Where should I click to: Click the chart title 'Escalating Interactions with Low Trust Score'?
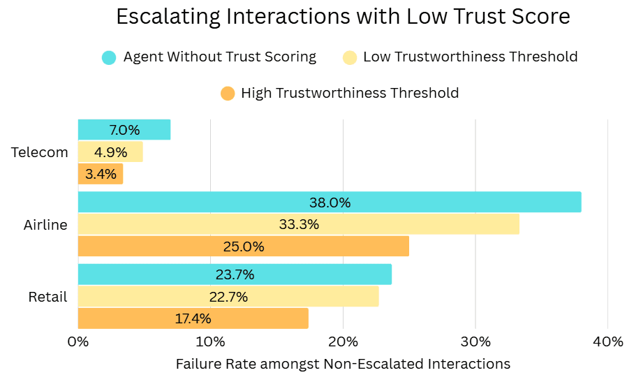(x=343, y=17)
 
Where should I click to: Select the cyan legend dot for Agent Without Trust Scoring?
(x=109, y=57)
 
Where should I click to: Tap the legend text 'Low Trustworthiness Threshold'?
(x=470, y=57)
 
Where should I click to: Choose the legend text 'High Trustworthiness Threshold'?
(x=350, y=93)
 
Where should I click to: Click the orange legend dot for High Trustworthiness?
(x=227, y=93)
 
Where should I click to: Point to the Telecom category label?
(x=40, y=152)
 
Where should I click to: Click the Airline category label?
(x=45, y=225)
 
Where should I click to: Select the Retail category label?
(x=47, y=297)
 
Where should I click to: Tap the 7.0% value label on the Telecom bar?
(x=124, y=130)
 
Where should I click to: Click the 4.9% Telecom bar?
(x=110, y=152)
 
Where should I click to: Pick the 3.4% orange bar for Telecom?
(x=101, y=174)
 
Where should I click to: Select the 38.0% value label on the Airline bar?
(x=330, y=203)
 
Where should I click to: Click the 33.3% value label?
(x=299, y=224)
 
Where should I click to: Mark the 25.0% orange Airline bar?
(x=243, y=247)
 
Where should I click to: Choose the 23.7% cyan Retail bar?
(x=235, y=274)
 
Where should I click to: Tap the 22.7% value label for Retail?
(x=228, y=297)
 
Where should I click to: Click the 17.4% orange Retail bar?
(x=193, y=318)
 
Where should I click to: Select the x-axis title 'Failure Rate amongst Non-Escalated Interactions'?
(x=343, y=364)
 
